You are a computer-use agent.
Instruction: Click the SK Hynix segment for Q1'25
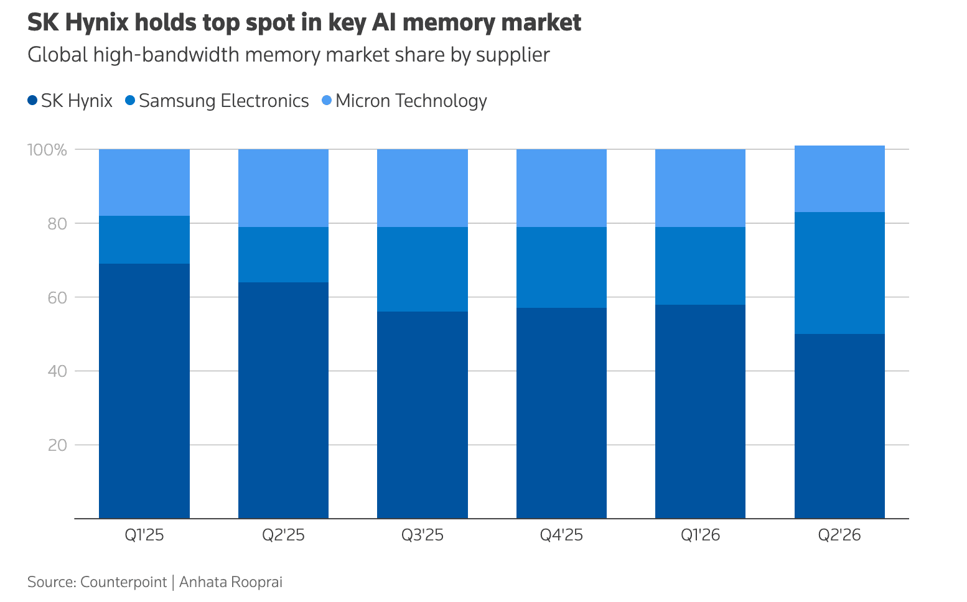tap(144, 391)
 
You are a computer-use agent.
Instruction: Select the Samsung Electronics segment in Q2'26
tap(839, 273)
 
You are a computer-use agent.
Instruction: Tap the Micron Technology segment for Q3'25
tap(423, 188)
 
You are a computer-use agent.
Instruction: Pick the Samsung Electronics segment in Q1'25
tap(144, 239)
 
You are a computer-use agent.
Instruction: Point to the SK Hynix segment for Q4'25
tap(562, 413)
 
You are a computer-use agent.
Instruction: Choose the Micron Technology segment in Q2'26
tap(839, 178)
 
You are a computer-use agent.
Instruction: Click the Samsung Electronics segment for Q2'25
tap(284, 254)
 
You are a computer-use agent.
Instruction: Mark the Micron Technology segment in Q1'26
tap(701, 188)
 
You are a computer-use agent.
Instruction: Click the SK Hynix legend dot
tap(32, 101)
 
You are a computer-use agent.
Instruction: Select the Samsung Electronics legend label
tap(223, 101)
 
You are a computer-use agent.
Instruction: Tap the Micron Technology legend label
tap(411, 101)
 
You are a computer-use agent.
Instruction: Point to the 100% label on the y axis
tap(47, 150)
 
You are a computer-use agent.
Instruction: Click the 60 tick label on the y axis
tap(57, 298)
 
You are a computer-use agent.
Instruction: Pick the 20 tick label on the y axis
tap(57, 445)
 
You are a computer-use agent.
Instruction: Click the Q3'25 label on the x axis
tap(423, 535)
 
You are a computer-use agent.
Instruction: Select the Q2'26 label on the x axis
tap(839, 535)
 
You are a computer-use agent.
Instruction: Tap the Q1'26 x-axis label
tap(701, 535)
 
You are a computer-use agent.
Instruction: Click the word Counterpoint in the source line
tap(123, 582)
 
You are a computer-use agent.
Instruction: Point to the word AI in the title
tap(384, 22)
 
